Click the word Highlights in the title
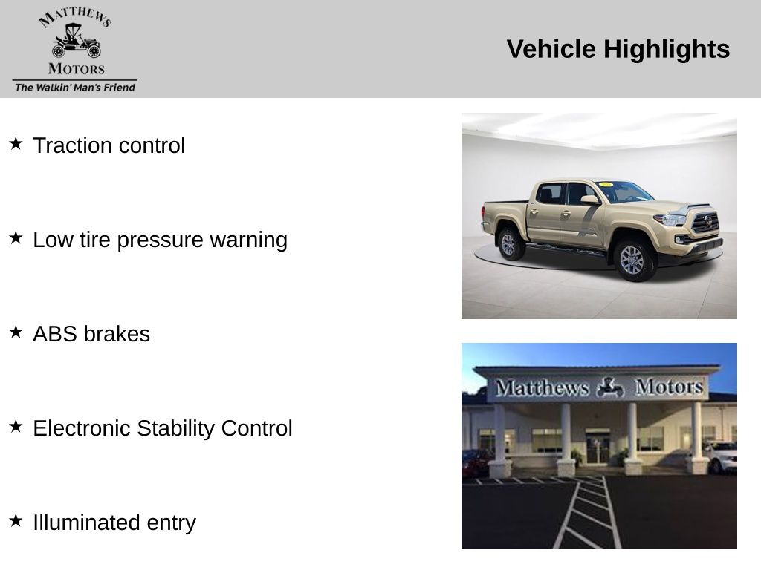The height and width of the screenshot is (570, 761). click(667, 50)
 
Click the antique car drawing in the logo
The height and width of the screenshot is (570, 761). click(77, 41)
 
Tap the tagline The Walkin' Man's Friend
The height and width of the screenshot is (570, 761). click(75, 88)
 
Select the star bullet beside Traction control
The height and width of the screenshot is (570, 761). click(16, 143)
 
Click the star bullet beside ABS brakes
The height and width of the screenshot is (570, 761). click(16, 332)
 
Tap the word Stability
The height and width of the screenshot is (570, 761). click(175, 428)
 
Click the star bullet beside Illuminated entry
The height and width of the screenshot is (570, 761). click(16, 520)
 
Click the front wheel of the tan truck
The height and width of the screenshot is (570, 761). click(633, 261)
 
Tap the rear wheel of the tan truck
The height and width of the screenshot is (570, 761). click(509, 243)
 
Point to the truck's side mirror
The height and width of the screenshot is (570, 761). click(589, 200)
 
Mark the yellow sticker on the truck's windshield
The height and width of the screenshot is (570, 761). click(606, 184)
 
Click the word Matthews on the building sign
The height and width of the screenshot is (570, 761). click(542, 387)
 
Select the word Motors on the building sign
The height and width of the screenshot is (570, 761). click(669, 387)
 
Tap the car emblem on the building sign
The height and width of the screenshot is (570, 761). click(610, 387)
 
